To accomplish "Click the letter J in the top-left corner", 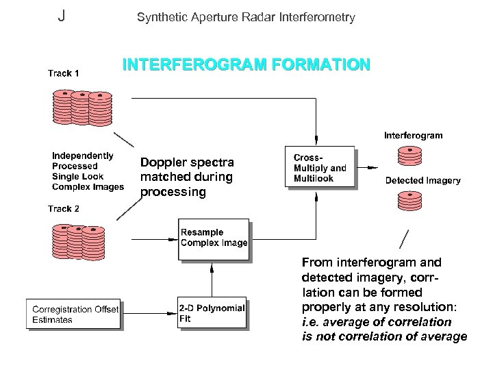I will coord(62,16).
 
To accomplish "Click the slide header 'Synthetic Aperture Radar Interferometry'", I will coord(246,17).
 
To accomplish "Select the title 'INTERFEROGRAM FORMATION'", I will coord(246,66).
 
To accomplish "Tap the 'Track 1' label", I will coord(63,73).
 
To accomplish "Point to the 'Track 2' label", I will coord(63,208).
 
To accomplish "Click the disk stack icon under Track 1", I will coord(82,106).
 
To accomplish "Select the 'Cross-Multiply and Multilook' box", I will coord(320,167).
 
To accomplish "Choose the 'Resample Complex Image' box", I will coord(214,238).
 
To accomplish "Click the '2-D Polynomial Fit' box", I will coord(212,313).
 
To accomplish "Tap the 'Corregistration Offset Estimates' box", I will coord(75,314).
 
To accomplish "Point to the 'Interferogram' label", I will coord(413,136).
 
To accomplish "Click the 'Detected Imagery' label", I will coord(422,181).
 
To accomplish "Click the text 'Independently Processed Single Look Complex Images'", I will coord(88,171).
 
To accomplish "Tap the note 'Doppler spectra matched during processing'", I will coord(187,177).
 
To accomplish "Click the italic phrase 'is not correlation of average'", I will coord(384,336).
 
